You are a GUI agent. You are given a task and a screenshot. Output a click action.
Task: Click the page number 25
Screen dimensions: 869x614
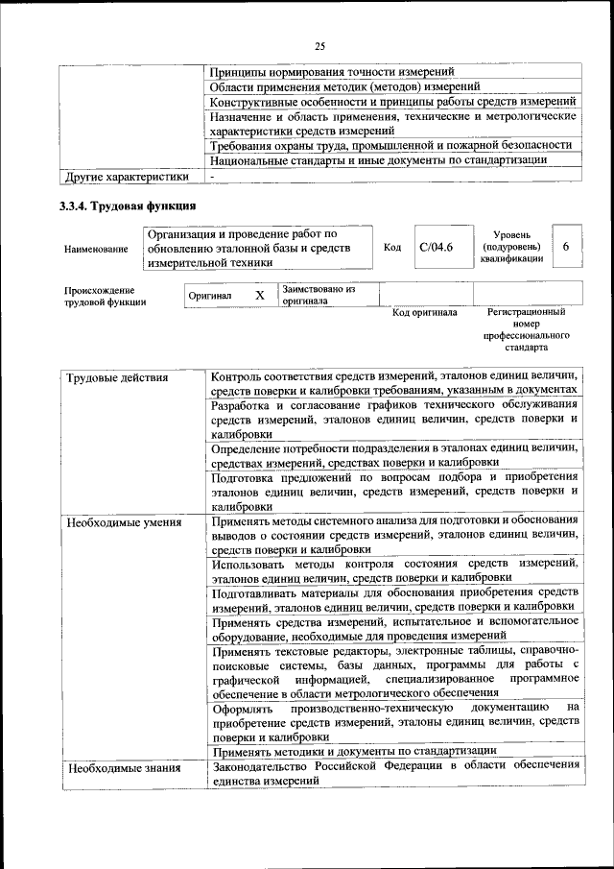click(320, 45)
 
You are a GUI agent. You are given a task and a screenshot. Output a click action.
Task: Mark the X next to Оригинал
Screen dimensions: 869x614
click(259, 295)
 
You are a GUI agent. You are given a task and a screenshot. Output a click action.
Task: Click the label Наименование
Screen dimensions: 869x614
click(96, 249)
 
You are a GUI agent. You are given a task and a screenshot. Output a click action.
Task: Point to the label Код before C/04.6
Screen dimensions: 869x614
click(391, 248)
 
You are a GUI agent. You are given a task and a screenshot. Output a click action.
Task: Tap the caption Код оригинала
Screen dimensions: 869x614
click(425, 313)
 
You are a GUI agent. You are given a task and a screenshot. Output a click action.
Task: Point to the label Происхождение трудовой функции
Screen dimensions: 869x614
click(106, 296)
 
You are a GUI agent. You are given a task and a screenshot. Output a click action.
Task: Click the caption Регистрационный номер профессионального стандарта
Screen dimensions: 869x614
click(527, 330)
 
